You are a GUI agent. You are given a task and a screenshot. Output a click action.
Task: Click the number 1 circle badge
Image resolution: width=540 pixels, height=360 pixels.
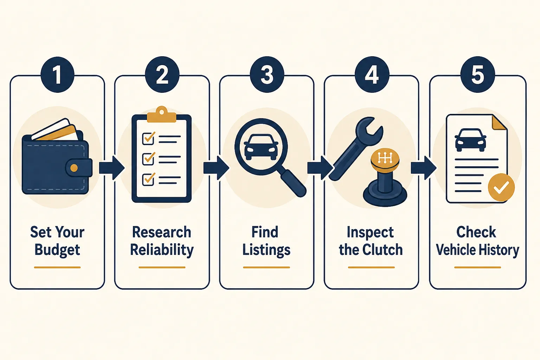click(x=57, y=75)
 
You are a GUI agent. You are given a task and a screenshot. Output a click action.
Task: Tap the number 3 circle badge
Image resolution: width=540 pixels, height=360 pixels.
click(x=267, y=75)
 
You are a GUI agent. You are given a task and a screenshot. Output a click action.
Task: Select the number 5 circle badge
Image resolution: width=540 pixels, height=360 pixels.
click(x=477, y=75)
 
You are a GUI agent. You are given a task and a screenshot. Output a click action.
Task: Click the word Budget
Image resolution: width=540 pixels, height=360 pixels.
click(x=57, y=250)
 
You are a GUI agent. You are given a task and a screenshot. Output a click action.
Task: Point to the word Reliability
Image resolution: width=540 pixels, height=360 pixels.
click(x=162, y=250)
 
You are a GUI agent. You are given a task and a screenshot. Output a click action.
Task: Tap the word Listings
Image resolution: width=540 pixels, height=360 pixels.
click(x=266, y=250)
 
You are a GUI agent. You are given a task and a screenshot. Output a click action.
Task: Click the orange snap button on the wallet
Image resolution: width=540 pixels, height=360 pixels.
click(x=74, y=168)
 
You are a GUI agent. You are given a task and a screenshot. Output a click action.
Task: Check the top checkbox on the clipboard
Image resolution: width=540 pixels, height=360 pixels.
click(x=148, y=139)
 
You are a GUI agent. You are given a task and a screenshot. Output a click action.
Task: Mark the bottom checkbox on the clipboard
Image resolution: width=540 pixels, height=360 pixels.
click(x=148, y=179)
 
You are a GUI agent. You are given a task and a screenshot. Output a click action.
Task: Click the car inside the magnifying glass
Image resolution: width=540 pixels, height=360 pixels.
click(x=261, y=147)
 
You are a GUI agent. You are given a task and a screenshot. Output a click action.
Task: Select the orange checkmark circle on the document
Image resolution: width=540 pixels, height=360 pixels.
click(x=501, y=187)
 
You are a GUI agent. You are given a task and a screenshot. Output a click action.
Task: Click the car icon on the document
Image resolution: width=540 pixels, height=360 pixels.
click(x=470, y=140)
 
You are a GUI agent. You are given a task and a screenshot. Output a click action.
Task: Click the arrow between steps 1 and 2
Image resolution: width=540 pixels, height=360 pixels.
click(x=112, y=168)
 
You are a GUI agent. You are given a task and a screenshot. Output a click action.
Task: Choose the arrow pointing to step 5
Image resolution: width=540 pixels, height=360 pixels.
click(x=424, y=168)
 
